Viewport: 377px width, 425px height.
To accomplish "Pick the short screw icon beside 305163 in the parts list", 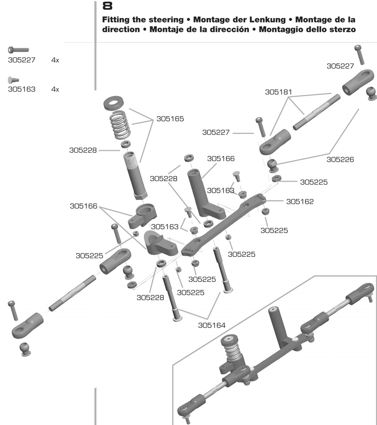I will click(14, 79).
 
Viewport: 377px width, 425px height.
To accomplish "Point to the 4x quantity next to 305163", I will click(55, 89).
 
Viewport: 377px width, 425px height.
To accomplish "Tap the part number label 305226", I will click(341, 159).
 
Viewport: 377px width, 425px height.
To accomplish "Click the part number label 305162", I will click(300, 201).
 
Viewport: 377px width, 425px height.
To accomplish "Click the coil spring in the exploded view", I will click(121, 124).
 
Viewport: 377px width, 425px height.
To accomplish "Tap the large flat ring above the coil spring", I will click(117, 102).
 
